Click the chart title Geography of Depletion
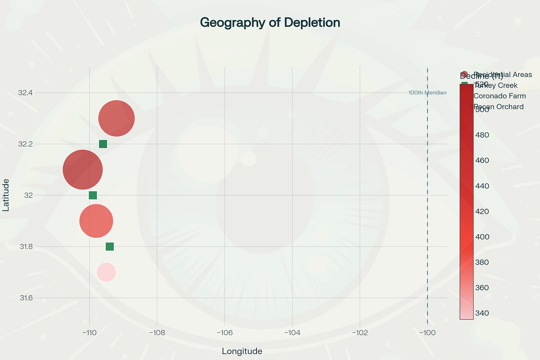[270, 23]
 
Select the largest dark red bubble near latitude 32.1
[83, 169]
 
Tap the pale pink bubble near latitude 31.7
[106, 272]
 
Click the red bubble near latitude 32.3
[116, 119]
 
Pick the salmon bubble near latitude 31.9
[96, 221]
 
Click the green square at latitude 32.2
[103, 144]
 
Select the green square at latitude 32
[93, 195]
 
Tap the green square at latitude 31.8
[110, 247]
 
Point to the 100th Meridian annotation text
[427, 93]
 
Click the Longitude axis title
[242, 351]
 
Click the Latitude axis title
[6, 195]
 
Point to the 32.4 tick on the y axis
[25, 93]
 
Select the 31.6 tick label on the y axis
[25, 298]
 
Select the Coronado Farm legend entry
[500, 96]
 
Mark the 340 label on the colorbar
[482, 313]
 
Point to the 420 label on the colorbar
[482, 211]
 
